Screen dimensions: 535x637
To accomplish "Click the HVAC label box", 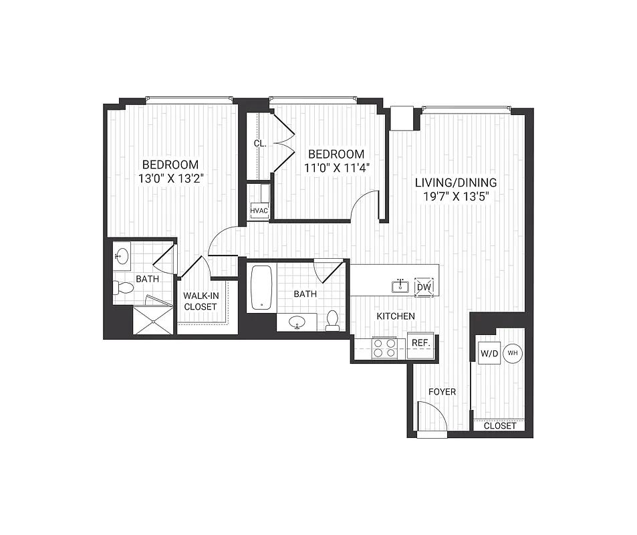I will pos(259,211).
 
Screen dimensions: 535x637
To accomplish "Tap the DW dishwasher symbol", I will pos(424,287).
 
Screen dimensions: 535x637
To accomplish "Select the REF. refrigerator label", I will pos(420,342).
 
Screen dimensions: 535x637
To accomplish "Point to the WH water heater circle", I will pos(513,353).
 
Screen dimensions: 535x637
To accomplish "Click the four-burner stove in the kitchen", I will pos(384,348).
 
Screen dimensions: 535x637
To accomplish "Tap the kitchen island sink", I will pos(401,286).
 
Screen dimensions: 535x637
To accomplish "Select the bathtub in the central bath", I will pos(261,288).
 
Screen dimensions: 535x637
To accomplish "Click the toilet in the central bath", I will pos(332,320).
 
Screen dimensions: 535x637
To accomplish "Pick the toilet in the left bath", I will pos(124,288).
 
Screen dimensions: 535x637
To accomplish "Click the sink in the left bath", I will pos(122,255).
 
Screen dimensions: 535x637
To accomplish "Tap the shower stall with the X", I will pos(153,320).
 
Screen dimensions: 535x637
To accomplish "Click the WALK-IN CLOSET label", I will pos(200,301).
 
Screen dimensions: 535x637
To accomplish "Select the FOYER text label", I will pos(442,391).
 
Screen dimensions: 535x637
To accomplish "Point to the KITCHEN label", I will pos(396,316).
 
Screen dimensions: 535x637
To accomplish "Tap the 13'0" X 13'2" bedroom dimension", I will pos(170,179).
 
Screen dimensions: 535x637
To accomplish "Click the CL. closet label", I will pos(260,143).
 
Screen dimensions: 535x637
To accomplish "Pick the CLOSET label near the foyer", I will pos(499,425).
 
